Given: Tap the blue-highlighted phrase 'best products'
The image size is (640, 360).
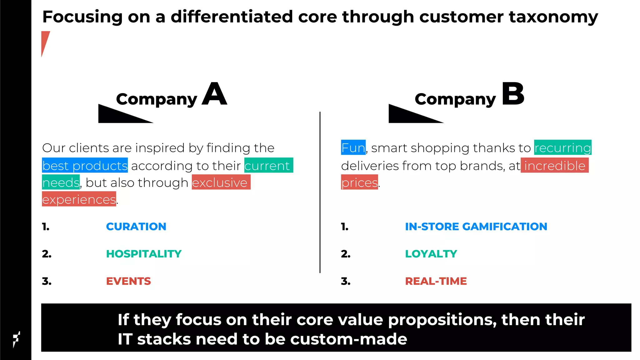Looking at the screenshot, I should (x=85, y=165).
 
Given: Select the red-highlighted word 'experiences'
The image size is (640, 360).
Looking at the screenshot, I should (x=79, y=199).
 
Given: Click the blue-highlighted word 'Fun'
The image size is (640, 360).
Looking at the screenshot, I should (x=353, y=147).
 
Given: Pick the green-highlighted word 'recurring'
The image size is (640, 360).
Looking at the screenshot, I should (x=562, y=147).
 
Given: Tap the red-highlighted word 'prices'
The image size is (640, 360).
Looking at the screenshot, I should (x=359, y=182).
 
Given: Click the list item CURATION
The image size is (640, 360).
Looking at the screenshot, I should (x=136, y=227).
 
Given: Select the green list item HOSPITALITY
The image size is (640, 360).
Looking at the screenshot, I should (x=144, y=254).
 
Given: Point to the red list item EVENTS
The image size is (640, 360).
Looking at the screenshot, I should (x=128, y=281).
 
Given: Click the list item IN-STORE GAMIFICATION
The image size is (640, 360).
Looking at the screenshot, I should (x=476, y=227).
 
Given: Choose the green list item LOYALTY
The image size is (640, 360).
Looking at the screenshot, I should (x=431, y=254).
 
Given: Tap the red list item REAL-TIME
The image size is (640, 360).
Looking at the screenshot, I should (x=436, y=281).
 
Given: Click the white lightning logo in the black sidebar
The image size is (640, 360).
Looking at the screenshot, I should (x=16, y=339).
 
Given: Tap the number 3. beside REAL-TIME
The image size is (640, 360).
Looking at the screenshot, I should (x=346, y=281).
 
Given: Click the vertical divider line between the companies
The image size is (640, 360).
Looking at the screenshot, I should (x=320, y=192).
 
